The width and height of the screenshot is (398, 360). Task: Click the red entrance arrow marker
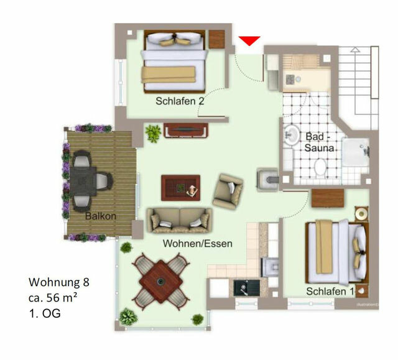coord(249,41)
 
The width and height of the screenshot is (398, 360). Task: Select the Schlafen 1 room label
coord(330,291)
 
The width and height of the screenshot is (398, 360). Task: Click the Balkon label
coord(100,217)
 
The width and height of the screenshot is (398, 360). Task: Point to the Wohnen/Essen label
coord(198,243)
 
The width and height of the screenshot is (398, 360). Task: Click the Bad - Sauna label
coord(320,142)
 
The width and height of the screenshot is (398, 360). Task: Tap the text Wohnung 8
coord(60,282)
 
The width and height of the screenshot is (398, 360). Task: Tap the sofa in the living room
coord(179,219)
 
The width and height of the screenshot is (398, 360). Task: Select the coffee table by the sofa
coord(180,186)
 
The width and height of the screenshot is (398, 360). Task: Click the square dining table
coord(161,282)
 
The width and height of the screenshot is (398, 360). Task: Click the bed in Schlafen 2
coord(174,60)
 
